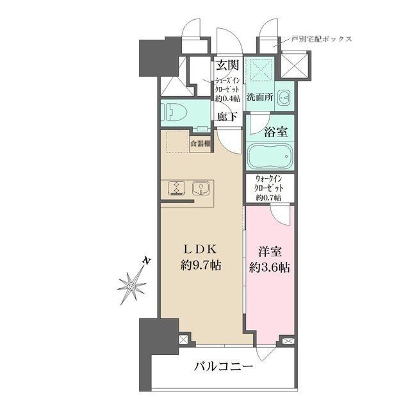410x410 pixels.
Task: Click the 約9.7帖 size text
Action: click(x=200, y=266)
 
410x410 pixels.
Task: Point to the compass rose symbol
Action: click(x=132, y=284)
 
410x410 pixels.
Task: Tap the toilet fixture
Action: click(x=175, y=113)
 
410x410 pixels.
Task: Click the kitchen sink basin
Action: click(x=201, y=188)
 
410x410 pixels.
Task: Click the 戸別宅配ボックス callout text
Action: click(x=322, y=38)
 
